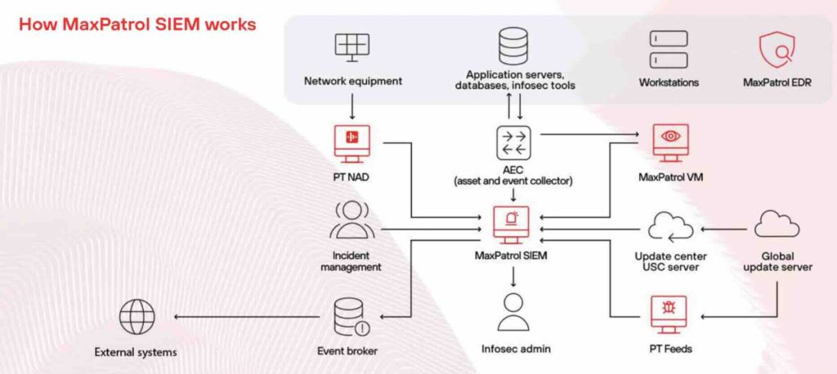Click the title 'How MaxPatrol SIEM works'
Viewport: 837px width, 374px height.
137,24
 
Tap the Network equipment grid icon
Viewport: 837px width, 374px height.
352,45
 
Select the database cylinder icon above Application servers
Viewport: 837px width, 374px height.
513,45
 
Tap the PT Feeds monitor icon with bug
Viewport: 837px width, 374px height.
668,314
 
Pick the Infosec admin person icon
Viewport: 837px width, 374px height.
514,312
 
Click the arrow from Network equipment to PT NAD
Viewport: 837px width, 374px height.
352,105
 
